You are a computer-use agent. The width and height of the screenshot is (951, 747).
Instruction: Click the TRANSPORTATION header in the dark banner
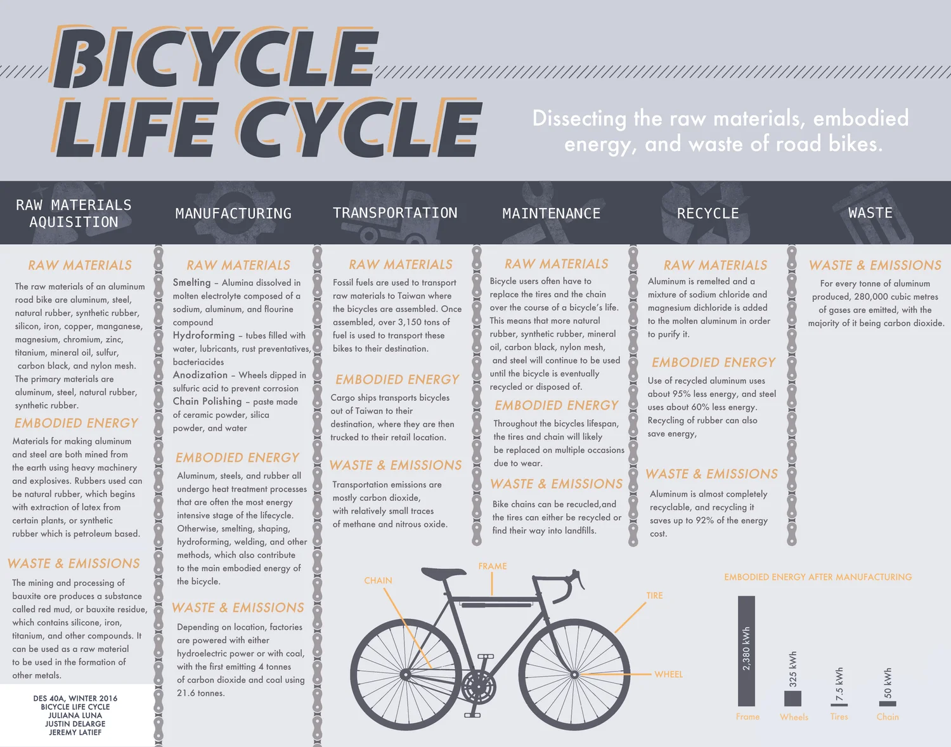[x=395, y=213]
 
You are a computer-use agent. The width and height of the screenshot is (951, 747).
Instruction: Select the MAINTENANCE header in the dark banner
[x=551, y=214]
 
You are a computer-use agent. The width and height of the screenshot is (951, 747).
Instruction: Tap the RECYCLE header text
[x=708, y=214]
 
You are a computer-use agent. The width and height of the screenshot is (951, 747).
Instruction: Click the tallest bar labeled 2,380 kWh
[x=746, y=650]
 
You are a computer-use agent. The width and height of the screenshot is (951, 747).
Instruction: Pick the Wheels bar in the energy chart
[x=792, y=698]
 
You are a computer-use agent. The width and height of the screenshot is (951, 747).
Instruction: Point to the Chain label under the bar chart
[x=888, y=717]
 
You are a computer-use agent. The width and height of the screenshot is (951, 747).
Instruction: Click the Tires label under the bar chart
[x=839, y=717]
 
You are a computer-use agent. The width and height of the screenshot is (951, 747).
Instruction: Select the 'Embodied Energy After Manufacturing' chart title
[x=818, y=577]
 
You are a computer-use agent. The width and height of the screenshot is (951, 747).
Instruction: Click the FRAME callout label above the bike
[x=493, y=566]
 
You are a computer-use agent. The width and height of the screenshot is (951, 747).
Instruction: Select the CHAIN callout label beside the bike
[x=378, y=581]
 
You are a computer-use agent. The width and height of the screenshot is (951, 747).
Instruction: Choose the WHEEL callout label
[x=669, y=674]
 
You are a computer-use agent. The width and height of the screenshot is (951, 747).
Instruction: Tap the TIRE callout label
[x=654, y=595]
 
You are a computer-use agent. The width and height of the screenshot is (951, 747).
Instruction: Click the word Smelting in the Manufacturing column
[x=191, y=283]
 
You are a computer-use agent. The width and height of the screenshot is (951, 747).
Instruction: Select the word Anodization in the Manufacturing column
[x=200, y=375]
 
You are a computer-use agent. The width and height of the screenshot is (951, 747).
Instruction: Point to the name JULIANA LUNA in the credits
[x=75, y=715]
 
